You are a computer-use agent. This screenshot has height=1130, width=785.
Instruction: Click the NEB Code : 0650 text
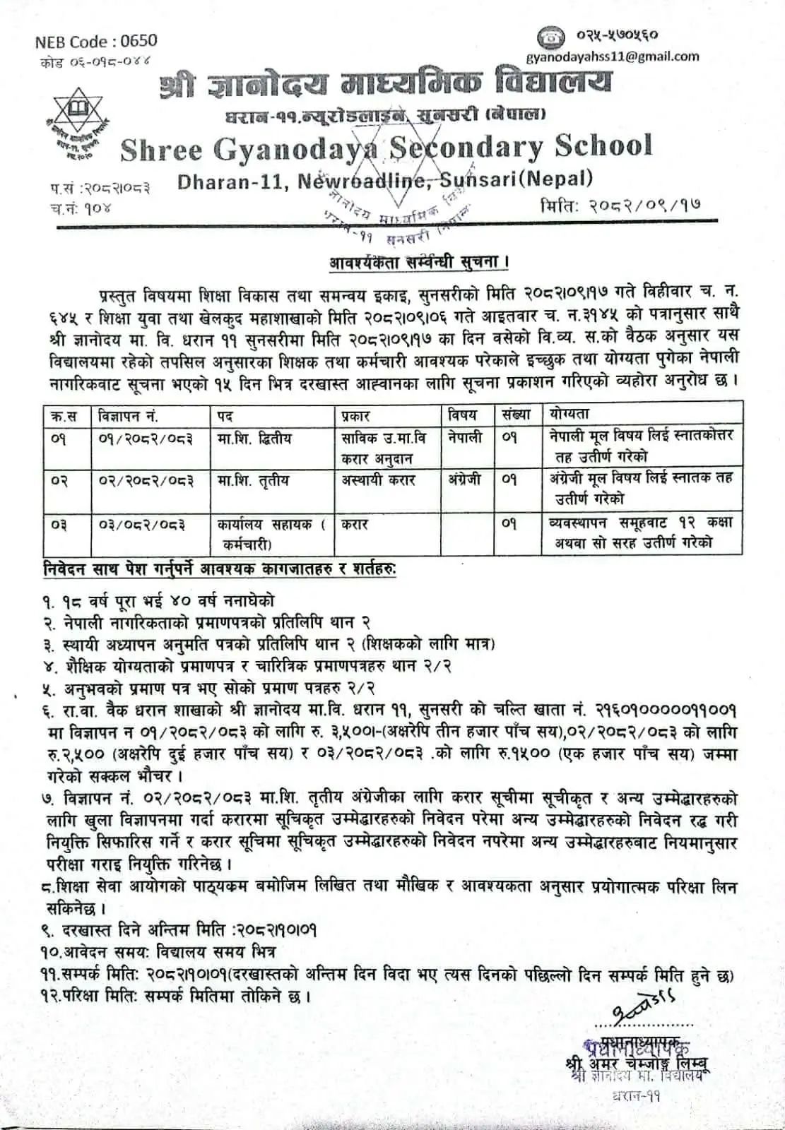96,42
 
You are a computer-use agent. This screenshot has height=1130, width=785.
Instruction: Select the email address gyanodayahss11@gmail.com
613,56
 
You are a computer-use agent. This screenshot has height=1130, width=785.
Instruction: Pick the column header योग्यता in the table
569,414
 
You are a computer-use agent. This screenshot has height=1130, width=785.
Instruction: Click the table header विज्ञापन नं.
125,415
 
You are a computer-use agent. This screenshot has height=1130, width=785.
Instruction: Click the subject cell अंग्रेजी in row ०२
465,480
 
